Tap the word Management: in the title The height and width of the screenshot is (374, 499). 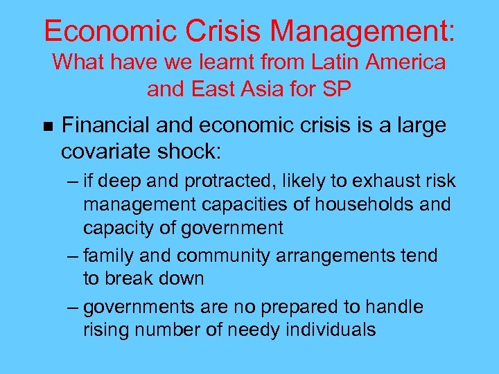click(x=363, y=30)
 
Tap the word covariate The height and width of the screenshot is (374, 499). click(x=107, y=150)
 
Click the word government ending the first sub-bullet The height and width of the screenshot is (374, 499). click(x=229, y=228)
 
